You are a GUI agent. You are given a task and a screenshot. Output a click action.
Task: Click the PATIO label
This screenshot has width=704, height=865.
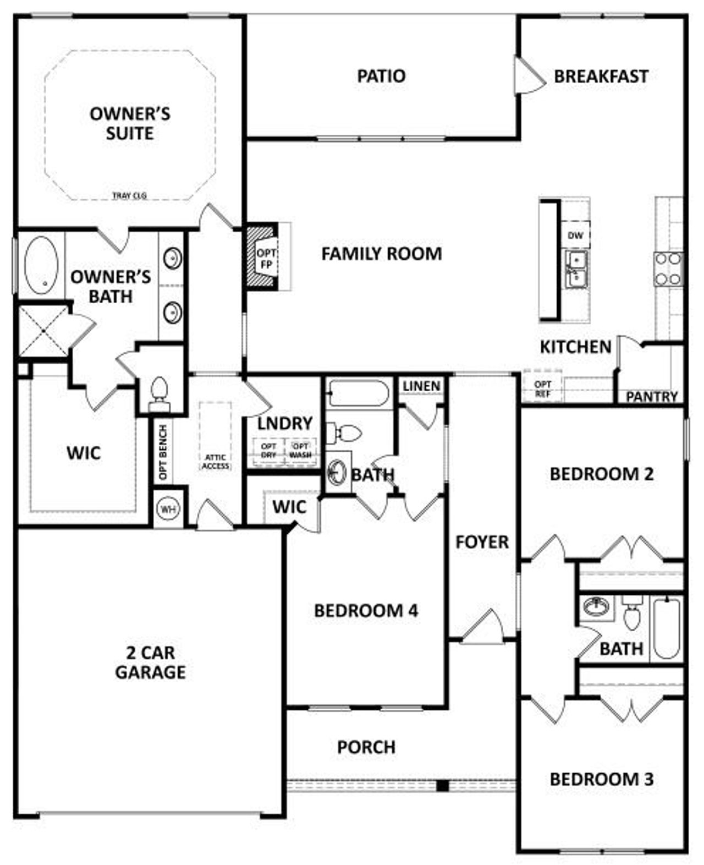pos(381,76)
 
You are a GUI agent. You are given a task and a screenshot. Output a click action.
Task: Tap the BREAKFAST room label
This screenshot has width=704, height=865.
pos(601,76)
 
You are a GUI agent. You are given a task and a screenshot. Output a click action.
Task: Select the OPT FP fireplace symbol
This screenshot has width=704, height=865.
pos(266,257)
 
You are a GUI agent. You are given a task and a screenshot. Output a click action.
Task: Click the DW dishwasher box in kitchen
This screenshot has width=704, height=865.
pos(575,236)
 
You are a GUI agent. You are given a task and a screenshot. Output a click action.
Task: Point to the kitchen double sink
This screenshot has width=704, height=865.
pos(576,269)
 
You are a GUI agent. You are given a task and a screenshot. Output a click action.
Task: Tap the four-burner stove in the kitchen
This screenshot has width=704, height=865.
pos(668,269)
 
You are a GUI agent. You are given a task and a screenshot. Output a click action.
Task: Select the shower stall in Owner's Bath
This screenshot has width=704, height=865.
pos(43,331)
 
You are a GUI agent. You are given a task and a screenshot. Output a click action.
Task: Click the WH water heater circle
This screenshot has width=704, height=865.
pos(168,509)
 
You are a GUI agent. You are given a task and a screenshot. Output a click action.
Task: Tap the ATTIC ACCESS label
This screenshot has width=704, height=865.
pos(216,462)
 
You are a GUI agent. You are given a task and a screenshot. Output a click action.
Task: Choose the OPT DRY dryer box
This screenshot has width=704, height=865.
pos(268,450)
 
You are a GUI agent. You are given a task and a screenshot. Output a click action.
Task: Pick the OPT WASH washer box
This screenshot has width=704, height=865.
pos(301,450)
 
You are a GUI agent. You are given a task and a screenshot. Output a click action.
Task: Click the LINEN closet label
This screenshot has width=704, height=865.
pos(421,386)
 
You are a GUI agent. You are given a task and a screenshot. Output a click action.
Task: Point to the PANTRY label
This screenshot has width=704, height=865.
pos(652,396)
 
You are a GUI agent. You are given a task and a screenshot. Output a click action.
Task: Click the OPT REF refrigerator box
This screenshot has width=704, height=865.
pos(543,388)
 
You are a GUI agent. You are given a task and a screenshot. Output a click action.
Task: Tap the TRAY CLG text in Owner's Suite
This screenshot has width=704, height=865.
pos(129,195)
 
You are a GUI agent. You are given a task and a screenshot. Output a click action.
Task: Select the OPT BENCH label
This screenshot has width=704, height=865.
pos(163,452)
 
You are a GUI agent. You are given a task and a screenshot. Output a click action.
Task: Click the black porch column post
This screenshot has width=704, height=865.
pos(442,785)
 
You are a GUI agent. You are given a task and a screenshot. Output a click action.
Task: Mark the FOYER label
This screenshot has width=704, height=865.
pos(482,542)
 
